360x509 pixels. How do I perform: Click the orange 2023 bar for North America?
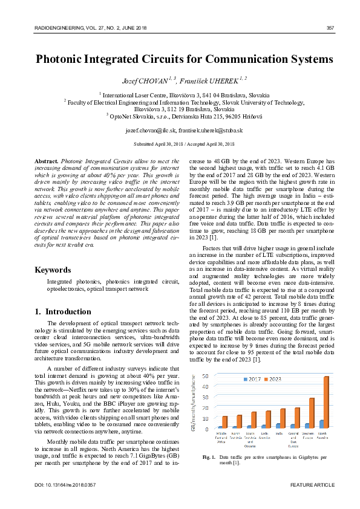point(326,403)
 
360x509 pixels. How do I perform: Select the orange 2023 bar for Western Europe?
point(312,413)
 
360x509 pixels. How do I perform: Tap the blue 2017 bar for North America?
point(321,424)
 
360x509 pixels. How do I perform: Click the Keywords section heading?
point(53,270)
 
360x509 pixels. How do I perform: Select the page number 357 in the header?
point(330,28)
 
